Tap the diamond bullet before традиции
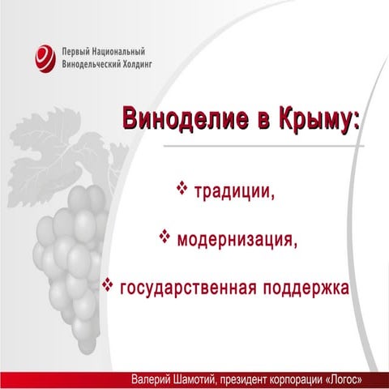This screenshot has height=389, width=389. click(x=182, y=189)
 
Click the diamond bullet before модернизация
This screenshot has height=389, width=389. click(x=164, y=237)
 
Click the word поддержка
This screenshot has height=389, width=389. click(x=310, y=288)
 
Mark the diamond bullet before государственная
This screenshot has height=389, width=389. click(x=107, y=285)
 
